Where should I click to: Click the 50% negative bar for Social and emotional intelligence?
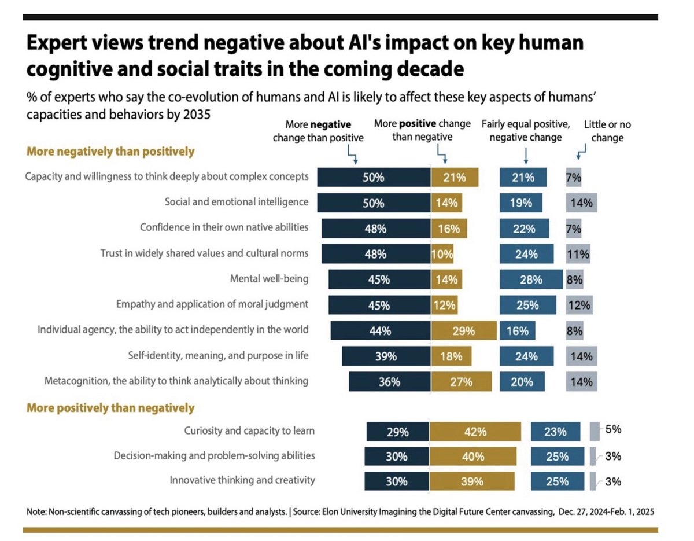coord(374,203)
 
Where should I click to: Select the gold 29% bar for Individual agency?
coord(464,331)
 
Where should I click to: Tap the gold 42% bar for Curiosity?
coord(475,432)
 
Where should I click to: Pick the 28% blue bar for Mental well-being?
coord(531,279)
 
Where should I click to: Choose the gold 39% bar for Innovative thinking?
coord(472,481)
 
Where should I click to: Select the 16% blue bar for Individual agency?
coord(518,331)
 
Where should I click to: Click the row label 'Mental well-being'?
coord(269,279)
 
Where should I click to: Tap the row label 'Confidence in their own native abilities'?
coord(224,227)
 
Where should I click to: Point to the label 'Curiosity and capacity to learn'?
coord(249,430)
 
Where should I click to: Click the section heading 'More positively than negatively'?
coord(110,408)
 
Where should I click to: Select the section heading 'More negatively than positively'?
coord(110,152)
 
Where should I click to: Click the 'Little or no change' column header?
coord(607,131)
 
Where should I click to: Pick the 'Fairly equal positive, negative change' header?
coord(525,131)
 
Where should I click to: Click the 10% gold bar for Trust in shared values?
coord(442,253)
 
